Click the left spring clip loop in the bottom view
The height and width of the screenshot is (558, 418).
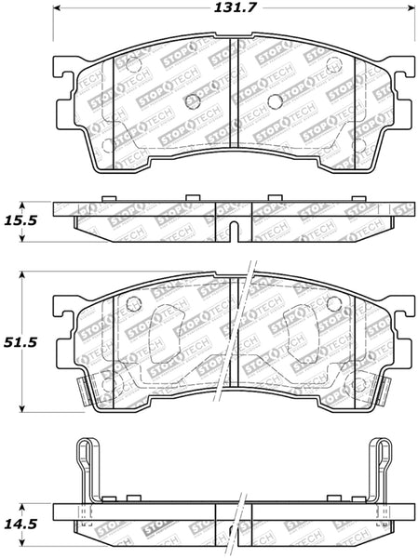pyautogui.click(x=83, y=465)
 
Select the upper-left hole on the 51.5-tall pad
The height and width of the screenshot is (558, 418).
pyautogui.click(x=131, y=301)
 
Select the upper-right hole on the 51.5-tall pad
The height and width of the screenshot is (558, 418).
pyautogui.click(x=332, y=301)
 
